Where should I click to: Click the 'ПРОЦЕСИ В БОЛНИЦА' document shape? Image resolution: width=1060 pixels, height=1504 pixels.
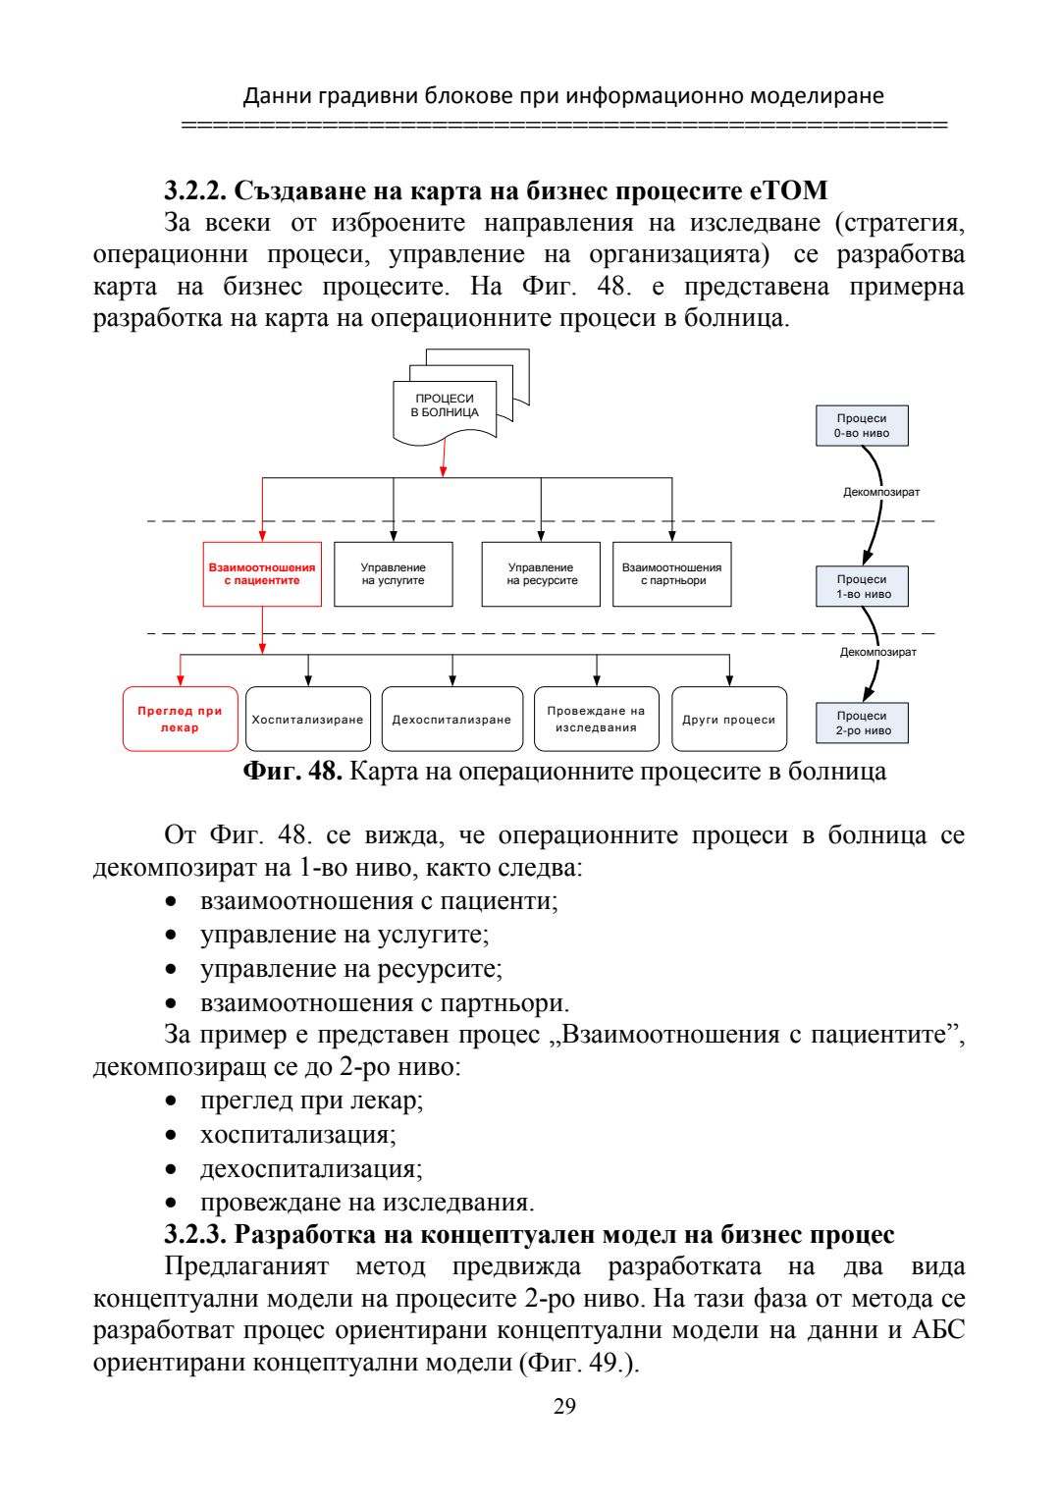click(x=445, y=406)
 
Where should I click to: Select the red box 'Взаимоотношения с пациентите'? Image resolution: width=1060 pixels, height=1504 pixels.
click(x=262, y=574)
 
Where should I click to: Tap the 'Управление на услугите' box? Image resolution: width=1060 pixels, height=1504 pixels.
click(x=394, y=574)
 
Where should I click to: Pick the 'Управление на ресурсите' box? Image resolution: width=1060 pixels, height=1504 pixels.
click(x=541, y=574)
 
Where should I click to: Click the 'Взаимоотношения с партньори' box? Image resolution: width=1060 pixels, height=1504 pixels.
click(x=672, y=574)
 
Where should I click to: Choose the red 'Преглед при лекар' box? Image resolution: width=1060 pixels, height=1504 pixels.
click(x=181, y=720)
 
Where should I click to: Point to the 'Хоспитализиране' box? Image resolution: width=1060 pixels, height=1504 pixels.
click(x=308, y=720)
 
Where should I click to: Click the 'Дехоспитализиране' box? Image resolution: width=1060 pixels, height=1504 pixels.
click(x=452, y=720)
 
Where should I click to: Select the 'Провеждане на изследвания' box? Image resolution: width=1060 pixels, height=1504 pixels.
click(x=597, y=720)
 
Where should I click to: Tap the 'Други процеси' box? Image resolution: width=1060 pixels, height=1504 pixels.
click(x=729, y=720)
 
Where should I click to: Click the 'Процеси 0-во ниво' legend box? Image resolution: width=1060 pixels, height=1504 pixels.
click(x=862, y=426)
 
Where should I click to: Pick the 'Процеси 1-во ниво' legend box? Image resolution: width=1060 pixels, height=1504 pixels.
click(x=862, y=587)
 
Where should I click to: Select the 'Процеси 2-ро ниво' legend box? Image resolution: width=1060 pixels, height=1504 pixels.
click(x=862, y=724)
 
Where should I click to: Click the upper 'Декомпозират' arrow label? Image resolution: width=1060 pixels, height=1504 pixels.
click(x=881, y=493)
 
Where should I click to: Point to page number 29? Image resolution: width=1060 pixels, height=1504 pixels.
click(x=564, y=1407)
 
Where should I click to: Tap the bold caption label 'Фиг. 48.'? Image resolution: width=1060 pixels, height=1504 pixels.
click(x=292, y=772)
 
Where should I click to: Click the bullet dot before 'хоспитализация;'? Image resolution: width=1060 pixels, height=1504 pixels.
click(x=173, y=1136)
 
